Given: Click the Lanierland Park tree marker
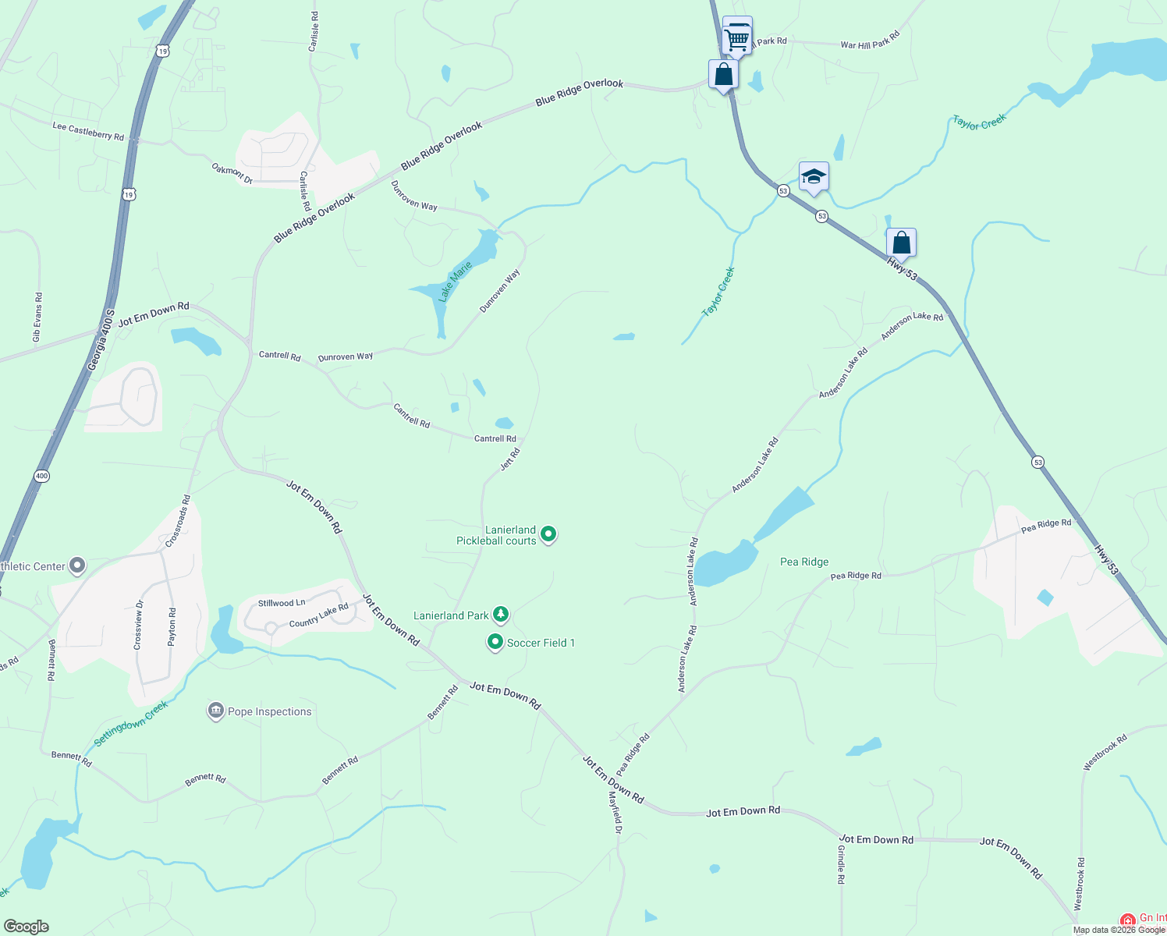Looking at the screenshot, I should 501,615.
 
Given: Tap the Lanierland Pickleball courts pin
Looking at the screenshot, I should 548,534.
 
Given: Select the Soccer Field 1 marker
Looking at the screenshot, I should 495,642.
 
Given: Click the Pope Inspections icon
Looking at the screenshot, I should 215,711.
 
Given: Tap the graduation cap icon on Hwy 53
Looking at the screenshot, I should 813,177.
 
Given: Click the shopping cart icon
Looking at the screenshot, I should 737,37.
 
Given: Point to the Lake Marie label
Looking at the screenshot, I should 455,282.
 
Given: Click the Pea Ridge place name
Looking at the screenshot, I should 804,562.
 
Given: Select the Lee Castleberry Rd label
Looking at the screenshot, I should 88,131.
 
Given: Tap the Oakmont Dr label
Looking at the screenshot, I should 232,173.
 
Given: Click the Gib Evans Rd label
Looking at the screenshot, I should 37,317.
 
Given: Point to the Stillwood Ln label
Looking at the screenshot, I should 282,603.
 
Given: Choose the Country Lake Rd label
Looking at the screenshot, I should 319,615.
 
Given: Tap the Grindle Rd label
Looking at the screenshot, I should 841,864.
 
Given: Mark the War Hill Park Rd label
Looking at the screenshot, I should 870,41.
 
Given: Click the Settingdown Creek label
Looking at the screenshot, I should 131,723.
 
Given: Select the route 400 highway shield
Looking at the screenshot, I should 41,476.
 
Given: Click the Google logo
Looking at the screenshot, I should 27,927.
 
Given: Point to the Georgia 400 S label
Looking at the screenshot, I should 101,340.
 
